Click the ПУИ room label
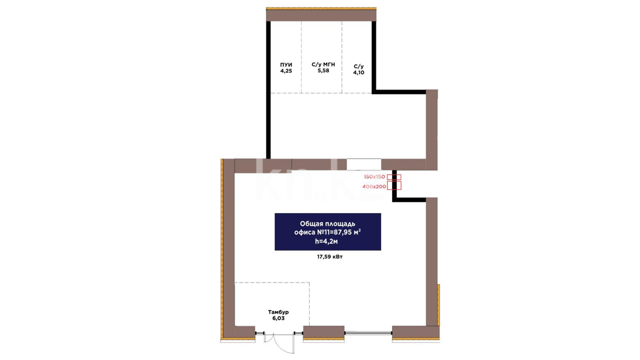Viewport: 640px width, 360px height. pyautogui.click(x=286, y=65)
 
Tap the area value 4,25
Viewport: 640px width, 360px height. pyautogui.click(x=286, y=71)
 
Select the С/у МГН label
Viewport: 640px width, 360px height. pyautogui.click(x=323, y=64)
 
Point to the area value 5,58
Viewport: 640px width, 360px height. pyautogui.click(x=323, y=71)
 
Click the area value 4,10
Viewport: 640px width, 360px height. pyautogui.click(x=359, y=73)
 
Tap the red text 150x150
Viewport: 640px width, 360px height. pyautogui.click(x=374, y=177)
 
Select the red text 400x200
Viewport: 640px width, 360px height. pyautogui.click(x=374, y=187)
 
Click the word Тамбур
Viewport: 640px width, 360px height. pyautogui.click(x=278, y=312)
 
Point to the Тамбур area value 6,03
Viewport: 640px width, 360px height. pyautogui.click(x=278, y=318)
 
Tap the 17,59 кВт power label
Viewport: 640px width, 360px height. pyautogui.click(x=330, y=257)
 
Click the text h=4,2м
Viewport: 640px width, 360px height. pyautogui.click(x=326, y=241)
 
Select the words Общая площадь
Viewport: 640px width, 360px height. pyautogui.click(x=328, y=224)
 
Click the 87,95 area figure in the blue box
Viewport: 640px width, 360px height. pyautogui.click(x=343, y=232)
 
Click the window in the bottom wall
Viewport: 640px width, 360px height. pyautogui.click(x=368, y=333)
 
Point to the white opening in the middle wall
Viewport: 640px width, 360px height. pyautogui.click(x=364, y=165)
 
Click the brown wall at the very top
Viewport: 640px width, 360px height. pyautogui.click(x=321, y=15)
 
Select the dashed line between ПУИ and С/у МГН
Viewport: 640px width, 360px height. pyautogui.click(x=301, y=57)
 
